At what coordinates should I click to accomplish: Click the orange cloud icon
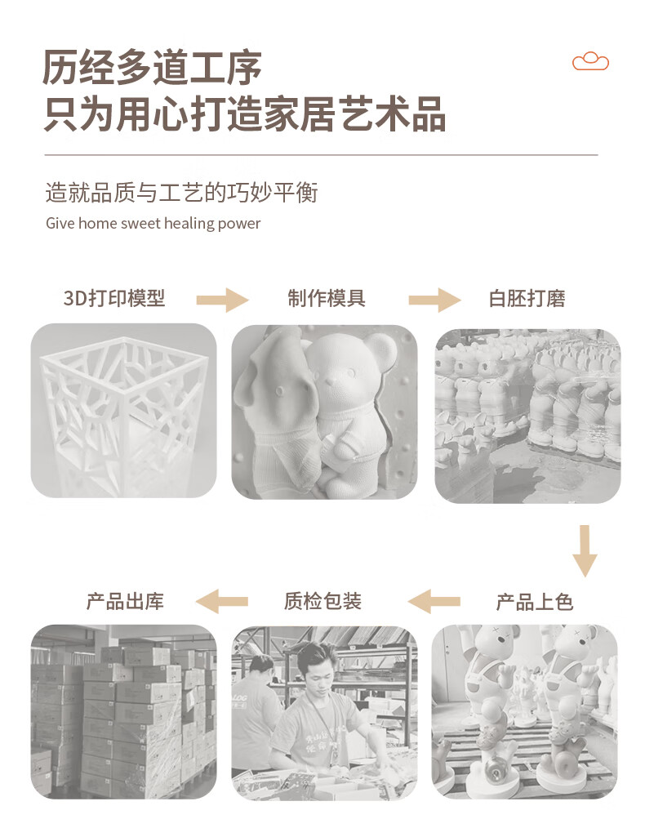click(x=590, y=61)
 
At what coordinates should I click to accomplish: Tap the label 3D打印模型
click(x=114, y=298)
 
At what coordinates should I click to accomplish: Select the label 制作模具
click(x=327, y=298)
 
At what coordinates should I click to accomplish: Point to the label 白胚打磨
click(x=527, y=298)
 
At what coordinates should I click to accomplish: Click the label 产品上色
click(x=535, y=602)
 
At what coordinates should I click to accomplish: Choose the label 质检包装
click(x=322, y=601)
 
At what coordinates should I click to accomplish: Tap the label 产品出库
click(x=126, y=601)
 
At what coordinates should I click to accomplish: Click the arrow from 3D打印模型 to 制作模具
click(x=222, y=300)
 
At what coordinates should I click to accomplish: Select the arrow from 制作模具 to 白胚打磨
click(x=435, y=300)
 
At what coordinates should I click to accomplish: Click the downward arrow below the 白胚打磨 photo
click(x=585, y=551)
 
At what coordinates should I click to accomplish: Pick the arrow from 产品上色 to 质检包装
click(x=434, y=602)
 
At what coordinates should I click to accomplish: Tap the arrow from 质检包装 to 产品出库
click(x=222, y=602)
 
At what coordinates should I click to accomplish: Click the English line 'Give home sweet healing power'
click(x=153, y=223)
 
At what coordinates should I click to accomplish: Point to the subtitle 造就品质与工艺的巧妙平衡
click(x=182, y=193)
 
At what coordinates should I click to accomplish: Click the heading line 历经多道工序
click(x=152, y=68)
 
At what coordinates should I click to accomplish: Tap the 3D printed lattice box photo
click(x=124, y=411)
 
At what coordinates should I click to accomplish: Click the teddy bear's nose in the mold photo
click(x=332, y=381)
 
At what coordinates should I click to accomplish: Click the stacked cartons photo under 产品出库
click(x=124, y=711)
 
